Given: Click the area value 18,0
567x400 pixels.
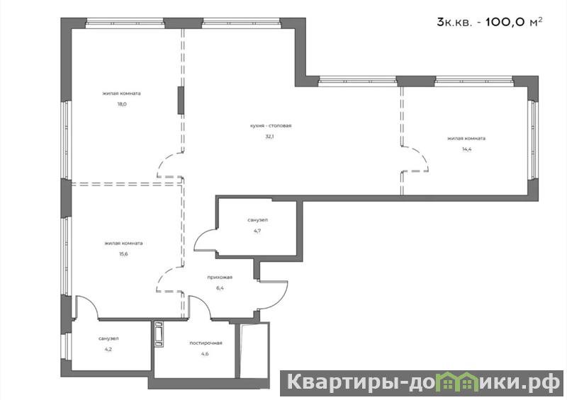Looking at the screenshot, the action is tap(121, 105).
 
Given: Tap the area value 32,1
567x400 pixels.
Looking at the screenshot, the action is tap(270, 137).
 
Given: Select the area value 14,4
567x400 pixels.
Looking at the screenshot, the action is tap(466, 149).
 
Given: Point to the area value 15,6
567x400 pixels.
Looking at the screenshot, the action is tap(123, 254).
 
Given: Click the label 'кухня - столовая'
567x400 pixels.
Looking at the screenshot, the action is tap(271, 126).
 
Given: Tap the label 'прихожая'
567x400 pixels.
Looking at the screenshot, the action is tap(220, 278).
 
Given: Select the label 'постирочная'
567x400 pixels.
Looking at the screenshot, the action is tap(206, 343).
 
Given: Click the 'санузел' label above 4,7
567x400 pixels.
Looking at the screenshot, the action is tap(258, 220).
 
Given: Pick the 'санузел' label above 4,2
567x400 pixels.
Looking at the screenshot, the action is tap(108, 338).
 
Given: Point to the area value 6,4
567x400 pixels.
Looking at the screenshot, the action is tap(220, 288).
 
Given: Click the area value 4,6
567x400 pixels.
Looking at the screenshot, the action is tap(205, 354).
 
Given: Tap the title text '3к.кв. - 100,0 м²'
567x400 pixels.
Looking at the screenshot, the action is tap(490, 22).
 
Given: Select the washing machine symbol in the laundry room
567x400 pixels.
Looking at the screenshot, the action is tap(159, 334).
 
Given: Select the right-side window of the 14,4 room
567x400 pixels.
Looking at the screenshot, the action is tap(531, 139).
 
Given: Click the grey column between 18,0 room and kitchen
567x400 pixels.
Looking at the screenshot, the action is tap(181, 101).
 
